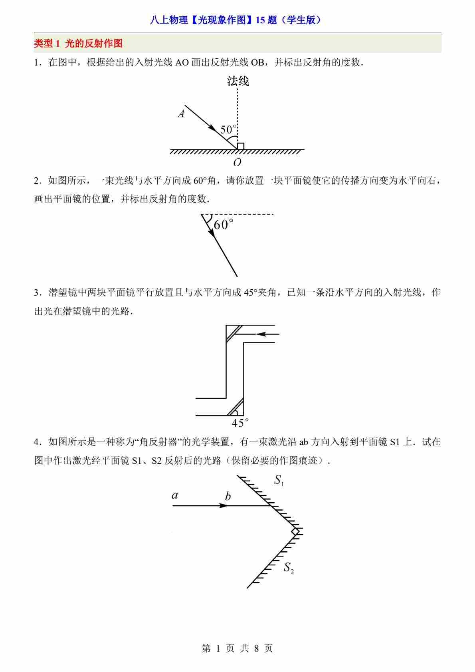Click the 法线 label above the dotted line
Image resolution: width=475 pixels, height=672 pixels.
click(x=238, y=82)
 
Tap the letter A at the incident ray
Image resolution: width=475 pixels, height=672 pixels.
click(x=181, y=114)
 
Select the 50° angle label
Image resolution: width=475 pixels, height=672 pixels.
click(x=228, y=129)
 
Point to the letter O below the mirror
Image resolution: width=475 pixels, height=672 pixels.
click(x=237, y=162)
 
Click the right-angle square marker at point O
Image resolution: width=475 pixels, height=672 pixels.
click(x=241, y=146)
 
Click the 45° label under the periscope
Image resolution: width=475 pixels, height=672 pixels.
click(x=240, y=423)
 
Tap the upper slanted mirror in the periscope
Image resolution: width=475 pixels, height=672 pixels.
click(x=234, y=333)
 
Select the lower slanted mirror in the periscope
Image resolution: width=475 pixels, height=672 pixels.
click(x=235, y=407)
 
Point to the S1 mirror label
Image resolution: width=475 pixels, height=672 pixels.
click(x=279, y=481)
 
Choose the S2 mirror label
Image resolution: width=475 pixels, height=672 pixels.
click(x=289, y=568)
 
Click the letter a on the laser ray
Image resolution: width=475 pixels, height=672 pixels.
click(x=174, y=495)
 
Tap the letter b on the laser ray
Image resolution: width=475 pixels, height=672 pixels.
click(x=228, y=497)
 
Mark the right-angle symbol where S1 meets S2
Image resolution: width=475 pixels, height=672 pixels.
click(x=295, y=531)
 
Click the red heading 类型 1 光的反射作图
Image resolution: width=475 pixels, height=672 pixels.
click(x=78, y=44)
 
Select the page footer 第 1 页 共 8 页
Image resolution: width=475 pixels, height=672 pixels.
click(x=238, y=648)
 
